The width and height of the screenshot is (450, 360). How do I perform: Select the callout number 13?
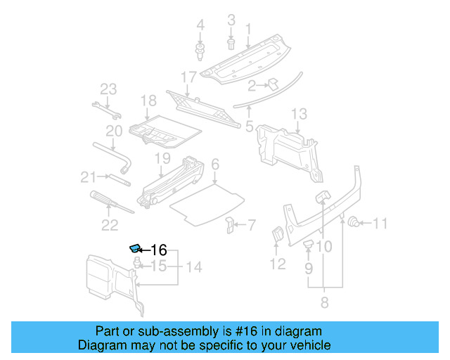[299, 114]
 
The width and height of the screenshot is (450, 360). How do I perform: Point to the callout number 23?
[108, 89]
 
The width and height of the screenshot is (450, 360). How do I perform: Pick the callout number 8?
[324, 303]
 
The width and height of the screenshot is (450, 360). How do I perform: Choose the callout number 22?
[110, 225]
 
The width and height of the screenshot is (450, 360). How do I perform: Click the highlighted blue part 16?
[135, 247]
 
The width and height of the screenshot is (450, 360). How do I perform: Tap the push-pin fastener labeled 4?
[200, 51]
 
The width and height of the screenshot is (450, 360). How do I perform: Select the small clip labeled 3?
[231, 44]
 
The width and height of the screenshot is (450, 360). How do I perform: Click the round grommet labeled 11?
[355, 224]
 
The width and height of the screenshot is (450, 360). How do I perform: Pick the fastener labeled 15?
[139, 264]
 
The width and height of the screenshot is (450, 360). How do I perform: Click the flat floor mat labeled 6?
[207, 202]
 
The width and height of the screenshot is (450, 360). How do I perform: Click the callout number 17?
[188, 77]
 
